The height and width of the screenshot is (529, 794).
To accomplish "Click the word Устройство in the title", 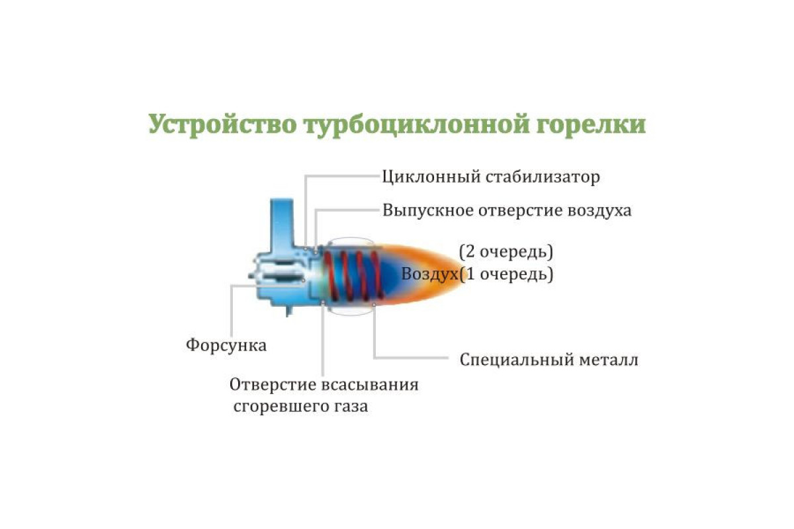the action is click(222, 124).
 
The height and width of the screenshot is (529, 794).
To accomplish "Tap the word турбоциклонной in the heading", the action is click(416, 124).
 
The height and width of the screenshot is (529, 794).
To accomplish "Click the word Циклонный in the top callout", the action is click(431, 177).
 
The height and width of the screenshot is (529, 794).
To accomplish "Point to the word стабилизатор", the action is click(543, 177).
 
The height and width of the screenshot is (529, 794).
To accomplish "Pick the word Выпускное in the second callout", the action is click(428, 210).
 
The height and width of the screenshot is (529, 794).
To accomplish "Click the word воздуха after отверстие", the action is click(599, 211).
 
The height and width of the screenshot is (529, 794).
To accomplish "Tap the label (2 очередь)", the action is click(506, 253).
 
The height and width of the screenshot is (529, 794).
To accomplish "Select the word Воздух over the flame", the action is click(430, 274).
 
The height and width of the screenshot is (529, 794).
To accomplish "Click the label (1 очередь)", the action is click(506, 274).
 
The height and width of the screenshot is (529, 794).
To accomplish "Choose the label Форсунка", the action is click(226, 345).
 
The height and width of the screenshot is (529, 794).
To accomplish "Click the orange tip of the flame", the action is click(457, 274).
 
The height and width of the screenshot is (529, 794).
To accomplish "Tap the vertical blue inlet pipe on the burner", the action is click(282, 224).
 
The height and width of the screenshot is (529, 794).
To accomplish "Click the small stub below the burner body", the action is click(289, 311).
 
